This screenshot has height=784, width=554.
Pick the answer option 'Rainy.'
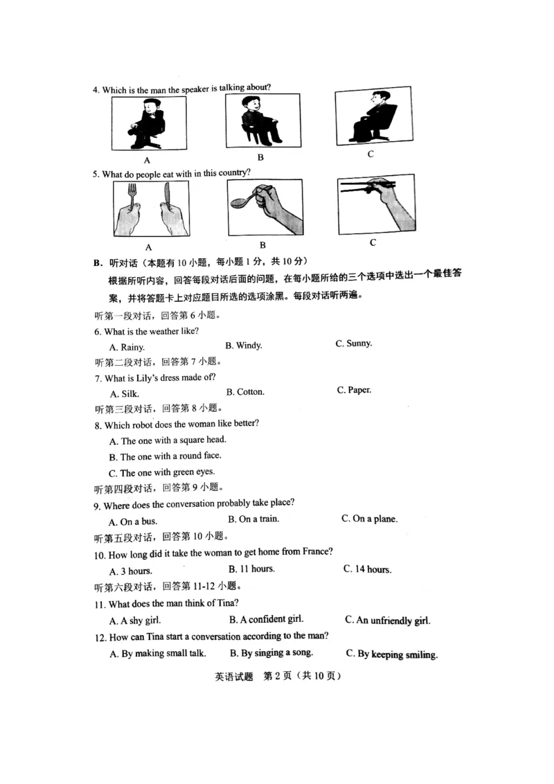[127, 348]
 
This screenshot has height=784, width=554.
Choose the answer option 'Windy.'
[244, 346]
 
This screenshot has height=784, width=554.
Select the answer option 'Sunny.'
[354, 344]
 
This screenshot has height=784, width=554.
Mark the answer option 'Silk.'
[125, 394]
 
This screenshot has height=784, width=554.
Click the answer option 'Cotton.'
[245, 392]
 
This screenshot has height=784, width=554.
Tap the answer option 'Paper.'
[355, 390]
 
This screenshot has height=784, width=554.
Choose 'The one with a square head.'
[168, 440]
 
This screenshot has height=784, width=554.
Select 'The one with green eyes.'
[162, 473]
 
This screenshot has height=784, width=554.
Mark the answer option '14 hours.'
[368, 569]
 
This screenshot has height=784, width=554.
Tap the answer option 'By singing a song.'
[271, 652]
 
